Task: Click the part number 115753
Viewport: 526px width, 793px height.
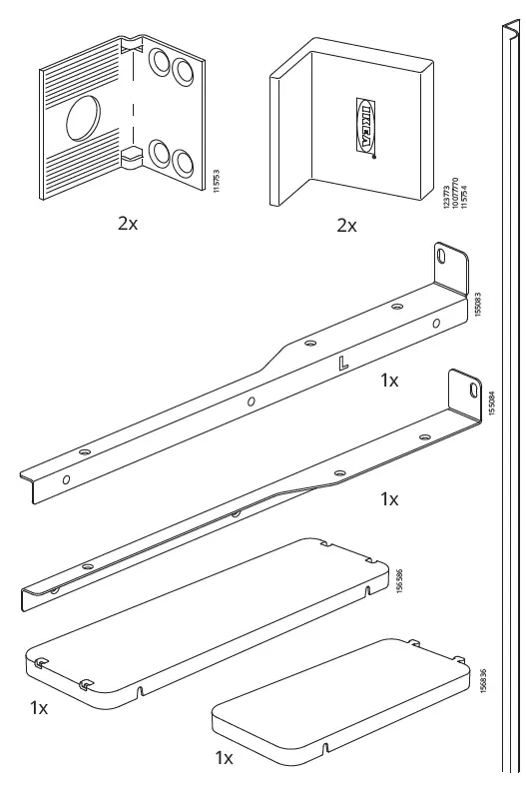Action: click(x=217, y=186)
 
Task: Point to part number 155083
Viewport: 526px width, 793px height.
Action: click(x=478, y=302)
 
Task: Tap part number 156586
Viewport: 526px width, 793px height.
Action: click(x=399, y=583)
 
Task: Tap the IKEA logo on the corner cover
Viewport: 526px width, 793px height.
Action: click(x=366, y=126)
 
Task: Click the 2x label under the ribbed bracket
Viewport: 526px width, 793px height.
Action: click(x=128, y=223)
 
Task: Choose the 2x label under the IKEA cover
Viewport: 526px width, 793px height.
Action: click(x=345, y=226)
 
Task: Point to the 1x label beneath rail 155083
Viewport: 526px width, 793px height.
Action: click(x=389, y=381)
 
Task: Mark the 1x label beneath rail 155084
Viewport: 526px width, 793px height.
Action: click(x=389, y=498)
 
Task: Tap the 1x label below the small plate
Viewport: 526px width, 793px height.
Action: click(x=225, y=758)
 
